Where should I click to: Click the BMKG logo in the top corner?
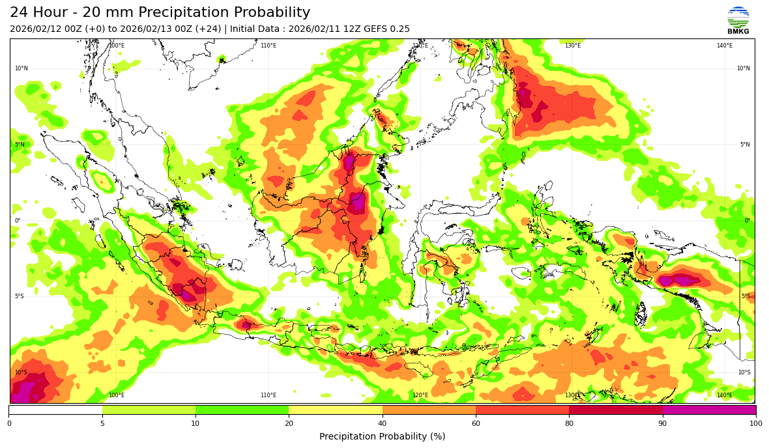pyautogui.click(x=738, y=20)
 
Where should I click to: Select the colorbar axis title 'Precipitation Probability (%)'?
pyautogui.click(x=382, y=436)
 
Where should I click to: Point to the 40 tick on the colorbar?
pyautogui.click(x=383, y=424)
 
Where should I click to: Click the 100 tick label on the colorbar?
pyautogui.click(x=755, y=424)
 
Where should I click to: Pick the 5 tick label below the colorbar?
pyautogui.click(x=102, y=424)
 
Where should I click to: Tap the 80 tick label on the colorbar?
pyautogui.click(x=569, y=424)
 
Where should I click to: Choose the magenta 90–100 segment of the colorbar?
pyautogui.click(x=709, y=410)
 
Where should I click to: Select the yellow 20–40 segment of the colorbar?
pyautogui.click(x=336, y=410)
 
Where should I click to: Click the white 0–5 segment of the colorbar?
pyautogui.click(x=55, y=410)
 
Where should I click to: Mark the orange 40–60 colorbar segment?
pyautogui.click(x=429, y=410)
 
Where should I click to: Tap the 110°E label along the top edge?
pyautogui.click(x=268, y=46)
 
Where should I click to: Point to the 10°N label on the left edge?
pyautogui.click(x=22, y=68)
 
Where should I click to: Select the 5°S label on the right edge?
pyautogui.click(x=746, y=296)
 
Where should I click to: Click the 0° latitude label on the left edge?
pyautogui.click(x=18, y=221)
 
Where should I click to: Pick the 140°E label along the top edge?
pyautogui.click(x=725, y=46)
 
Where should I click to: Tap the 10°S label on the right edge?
pyautogui.click(x=744, y=372)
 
